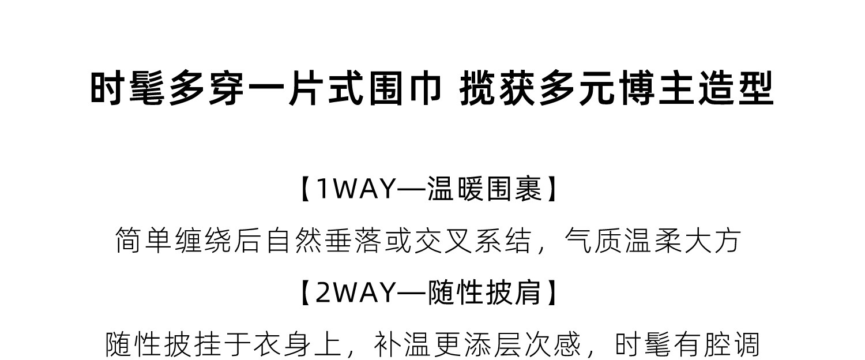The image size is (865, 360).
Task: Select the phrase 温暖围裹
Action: [x=485, y=189]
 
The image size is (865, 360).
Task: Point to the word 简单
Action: [x=144, y=241]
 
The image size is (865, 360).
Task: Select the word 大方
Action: [x=713, y=241]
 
